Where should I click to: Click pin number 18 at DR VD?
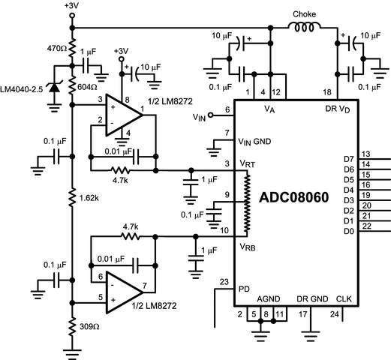tap(326, 91)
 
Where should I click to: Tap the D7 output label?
tap(347, 159)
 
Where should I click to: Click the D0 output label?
tap(347, 231)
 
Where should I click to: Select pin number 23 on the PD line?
tap(223, 282)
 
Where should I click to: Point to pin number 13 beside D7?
tap(365, 153)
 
